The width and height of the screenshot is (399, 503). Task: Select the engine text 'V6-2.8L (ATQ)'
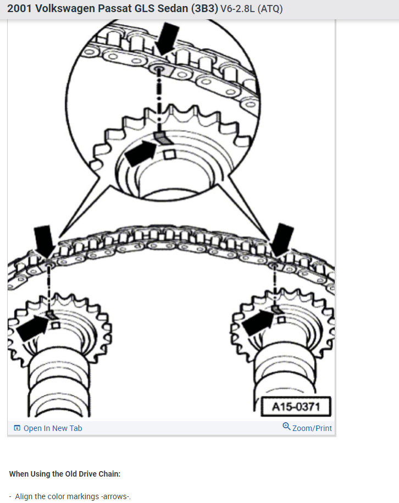pyautogui.click(x=252, y=9)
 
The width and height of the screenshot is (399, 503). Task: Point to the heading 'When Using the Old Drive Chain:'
pyautogui.click(x=65, y=474)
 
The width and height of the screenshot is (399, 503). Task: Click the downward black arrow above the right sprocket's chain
pyautogui.click(x=284, y=239)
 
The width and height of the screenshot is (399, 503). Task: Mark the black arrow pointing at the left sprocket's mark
pyautogui.click(x=32, y=327)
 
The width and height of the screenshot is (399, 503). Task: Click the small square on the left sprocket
pyautogui.click(x=56, y=325)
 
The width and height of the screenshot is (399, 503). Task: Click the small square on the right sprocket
pyautogui.click(x=281, y=320)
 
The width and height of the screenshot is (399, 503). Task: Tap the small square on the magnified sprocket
pyautogui.click(x=170, y=156)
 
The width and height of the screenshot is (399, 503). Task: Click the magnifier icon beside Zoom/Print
pyautogui.click(x=286, y=427)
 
